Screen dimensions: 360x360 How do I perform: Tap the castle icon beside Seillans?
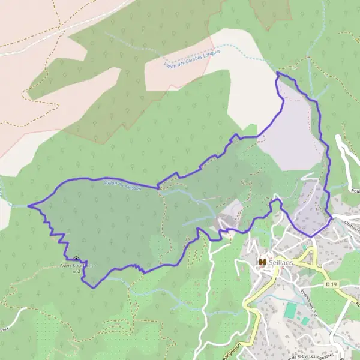tap(262, 262)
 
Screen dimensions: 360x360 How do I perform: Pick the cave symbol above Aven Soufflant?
tap(76, 259)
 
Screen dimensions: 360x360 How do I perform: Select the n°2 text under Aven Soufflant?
tap(77, 271)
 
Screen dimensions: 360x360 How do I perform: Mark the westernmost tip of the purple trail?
tap(28, 206)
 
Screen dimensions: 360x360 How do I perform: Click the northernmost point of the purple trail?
tap(277, 73)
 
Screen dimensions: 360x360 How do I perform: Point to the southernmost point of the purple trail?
tap(94, 287)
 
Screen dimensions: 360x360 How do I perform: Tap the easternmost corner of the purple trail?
tap(332, 218)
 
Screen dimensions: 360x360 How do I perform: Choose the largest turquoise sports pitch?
tap(291, 311)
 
